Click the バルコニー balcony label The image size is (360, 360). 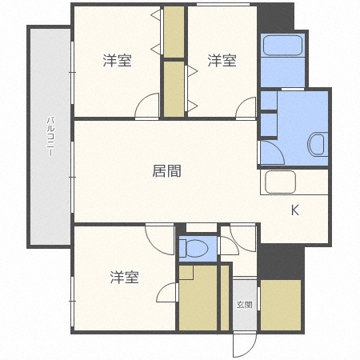coord(49,136)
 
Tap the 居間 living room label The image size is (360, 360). coord(166,170)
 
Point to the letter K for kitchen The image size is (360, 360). coord(294,211)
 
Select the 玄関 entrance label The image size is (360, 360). coord(244,305)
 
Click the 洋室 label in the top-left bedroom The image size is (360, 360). coord(117,60)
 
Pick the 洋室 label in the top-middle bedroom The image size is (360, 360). coord(222,60)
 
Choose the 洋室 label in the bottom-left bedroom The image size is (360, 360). coord(124,278)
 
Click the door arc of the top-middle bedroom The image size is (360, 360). coord(246,107)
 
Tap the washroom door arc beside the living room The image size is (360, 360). coord(270,153)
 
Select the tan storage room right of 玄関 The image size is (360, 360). coord(281,305)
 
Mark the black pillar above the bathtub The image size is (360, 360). coord(276,17)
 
